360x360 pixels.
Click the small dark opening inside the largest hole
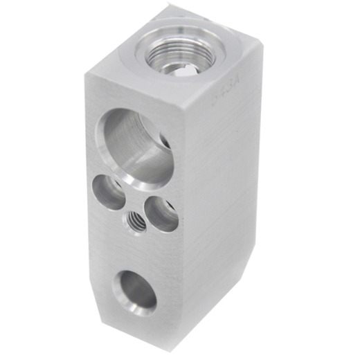pyautogui.click(x=165, y=142)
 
